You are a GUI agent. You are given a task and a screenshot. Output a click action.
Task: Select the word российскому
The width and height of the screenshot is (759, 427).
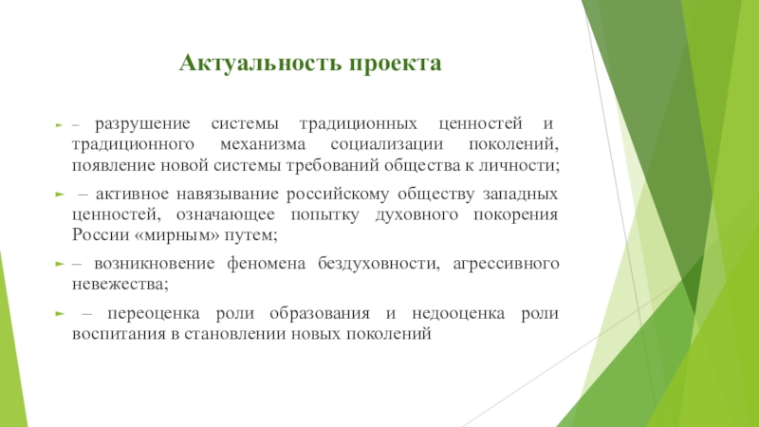tap(326, 194)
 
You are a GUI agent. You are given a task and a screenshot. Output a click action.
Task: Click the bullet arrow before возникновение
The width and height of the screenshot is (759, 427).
tap(59, 263)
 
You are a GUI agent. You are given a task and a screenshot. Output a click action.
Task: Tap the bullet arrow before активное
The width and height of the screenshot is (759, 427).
tap(59, 194)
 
